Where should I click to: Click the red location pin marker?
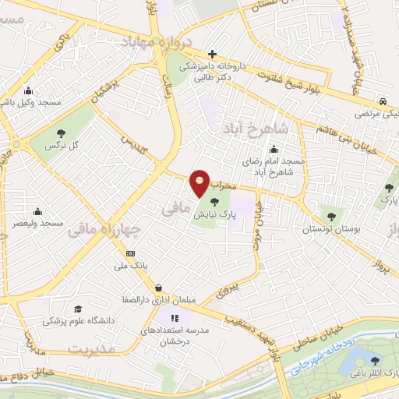pyautogui.click(x=200, y=182)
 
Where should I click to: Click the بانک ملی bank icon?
pyautogui.click(x=130, y=253)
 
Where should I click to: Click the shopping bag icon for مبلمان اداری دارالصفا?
pyautogui.click(x=158, y=287)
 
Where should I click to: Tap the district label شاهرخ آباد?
pyautogui.click(x=255, y=127)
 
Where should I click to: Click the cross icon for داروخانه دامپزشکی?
pyautogui.click(x=212, y=53)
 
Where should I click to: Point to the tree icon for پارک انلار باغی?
pyautogui.click(x=377, y=360)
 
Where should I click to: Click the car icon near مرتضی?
pyautogui.click(x=383, y=101)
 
